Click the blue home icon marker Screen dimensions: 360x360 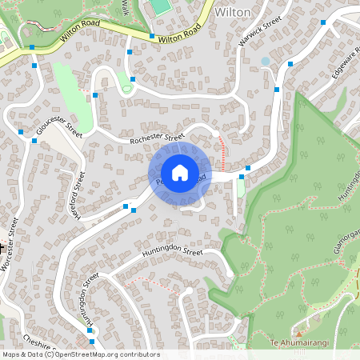coord(180,172)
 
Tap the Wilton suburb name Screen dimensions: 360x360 coord(234,13)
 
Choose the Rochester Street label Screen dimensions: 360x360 coord(158,138)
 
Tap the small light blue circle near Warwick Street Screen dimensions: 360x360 coord(266,61)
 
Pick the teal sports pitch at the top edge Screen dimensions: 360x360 coord(161,6)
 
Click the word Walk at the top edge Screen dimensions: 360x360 coord(125,7)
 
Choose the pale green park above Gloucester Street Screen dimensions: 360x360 coord(67,88)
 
